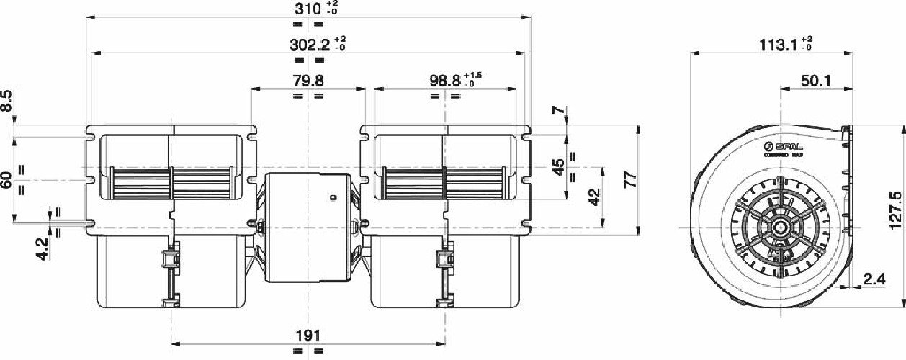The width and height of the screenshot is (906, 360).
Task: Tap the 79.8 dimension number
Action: [308, 80]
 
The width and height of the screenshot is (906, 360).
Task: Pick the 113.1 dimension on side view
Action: [774, 45]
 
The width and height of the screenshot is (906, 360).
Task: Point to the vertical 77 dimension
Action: [631, 180]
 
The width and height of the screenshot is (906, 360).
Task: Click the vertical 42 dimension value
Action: [594, 197]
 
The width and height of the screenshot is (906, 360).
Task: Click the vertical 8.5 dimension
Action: [6, 101]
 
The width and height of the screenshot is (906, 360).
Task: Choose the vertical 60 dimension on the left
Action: [6, 180]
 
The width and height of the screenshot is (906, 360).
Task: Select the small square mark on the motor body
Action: [333, 197]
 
